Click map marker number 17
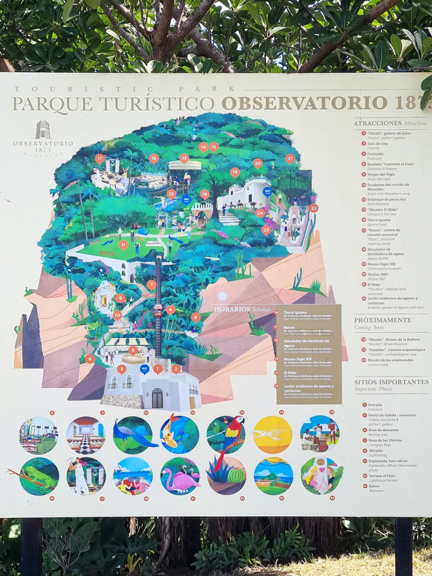click(x=100, y=159)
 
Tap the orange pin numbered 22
click(x=314, y=208)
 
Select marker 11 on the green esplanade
click(x=123, y=245)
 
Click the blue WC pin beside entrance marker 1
click(x=145, y=369)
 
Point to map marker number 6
click(x=90, y=359)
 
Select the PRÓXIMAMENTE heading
click(x=382, y=320)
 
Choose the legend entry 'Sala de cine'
click(x=377, y=143)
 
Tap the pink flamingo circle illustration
click(x=179, y=476)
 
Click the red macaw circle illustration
click(x=226, y=435)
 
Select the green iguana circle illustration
click(x=39, y=476)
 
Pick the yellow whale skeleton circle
click(x=273, y=435)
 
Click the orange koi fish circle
click(x=179, y=435)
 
